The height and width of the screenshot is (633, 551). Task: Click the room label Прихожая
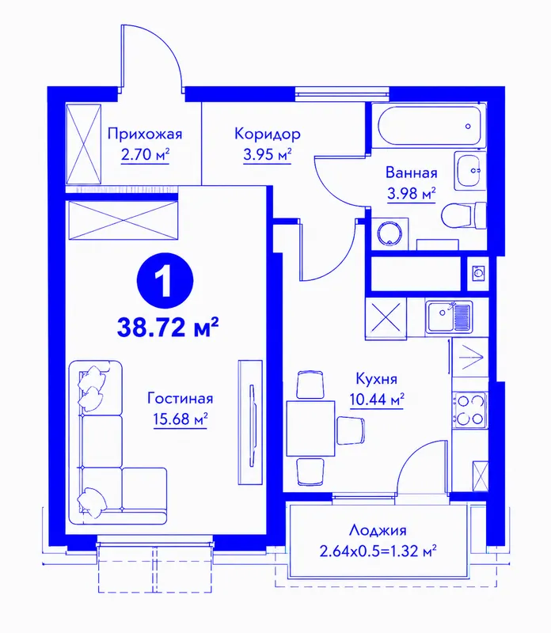pyautogui.click(x=145, y=134)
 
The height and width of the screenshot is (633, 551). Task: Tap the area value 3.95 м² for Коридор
pyautogui.click(x=268, y=154)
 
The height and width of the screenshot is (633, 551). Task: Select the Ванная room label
pyautogui.click(x=411, y=172)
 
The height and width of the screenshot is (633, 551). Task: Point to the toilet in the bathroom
pyautogui.click(x=464, y=215)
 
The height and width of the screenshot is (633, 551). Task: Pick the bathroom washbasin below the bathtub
pyautogui.click(x=469, y=170)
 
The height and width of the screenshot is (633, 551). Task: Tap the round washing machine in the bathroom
pyautogui.click(x=389, y=233)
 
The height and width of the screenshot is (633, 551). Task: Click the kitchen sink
pyautogui.click(x=448, y=318)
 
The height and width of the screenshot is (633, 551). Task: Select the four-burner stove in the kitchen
pyautogui.click(x=469, y=410)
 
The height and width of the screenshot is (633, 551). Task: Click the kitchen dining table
pyautogui.click(x=310, y=428)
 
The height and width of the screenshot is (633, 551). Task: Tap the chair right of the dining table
pyautogui.click(x=351, y=430)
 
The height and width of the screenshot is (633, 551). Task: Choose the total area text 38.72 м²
pyautogui.click(x=168, y=327)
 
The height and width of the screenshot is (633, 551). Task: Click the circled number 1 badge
pyautogui.click(x=165, y=282)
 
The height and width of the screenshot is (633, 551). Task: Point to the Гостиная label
pyautogui.click(x=180, y=398)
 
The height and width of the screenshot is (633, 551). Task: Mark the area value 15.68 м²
pyautogui.click(x=180, y=419)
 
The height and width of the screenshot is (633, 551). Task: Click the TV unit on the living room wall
pyautogui.click(x=250, y=423)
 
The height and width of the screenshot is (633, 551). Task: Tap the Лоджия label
pyautogui.click(x=378, y=530)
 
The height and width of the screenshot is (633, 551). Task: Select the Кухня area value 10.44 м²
pyautogui.click(x=377, y=400)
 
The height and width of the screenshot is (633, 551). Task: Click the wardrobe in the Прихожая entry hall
pyautogui.click(x=84, y=144)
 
